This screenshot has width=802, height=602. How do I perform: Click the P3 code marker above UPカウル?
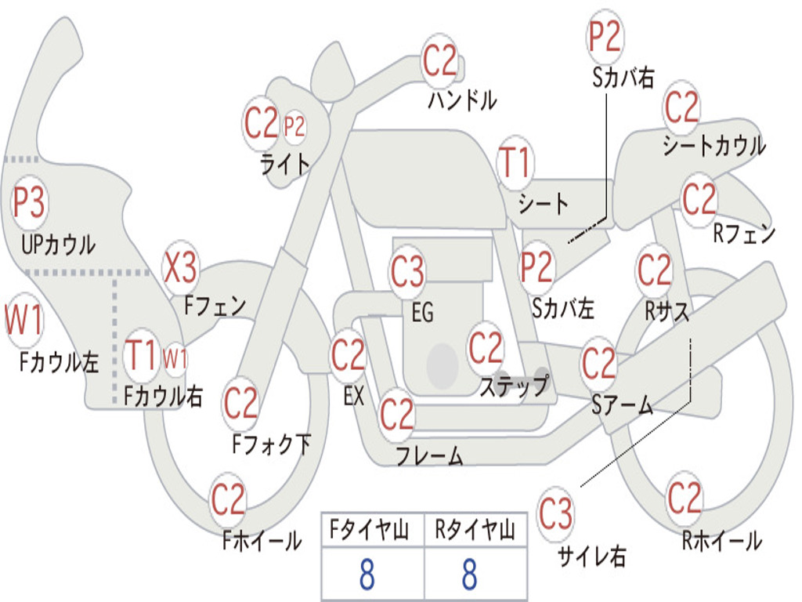pos(29,203)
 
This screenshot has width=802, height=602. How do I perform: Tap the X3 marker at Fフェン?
pos(180,268)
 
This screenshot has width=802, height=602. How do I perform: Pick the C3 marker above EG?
pos(407,271)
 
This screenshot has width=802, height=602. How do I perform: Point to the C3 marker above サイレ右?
pos(555,514)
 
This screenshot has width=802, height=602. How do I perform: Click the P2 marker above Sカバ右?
pos(605,37)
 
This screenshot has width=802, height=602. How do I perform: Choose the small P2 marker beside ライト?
pos(294,126)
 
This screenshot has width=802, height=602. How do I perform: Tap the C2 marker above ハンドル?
pos(439,60)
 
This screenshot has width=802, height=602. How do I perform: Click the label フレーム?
pos(429,455)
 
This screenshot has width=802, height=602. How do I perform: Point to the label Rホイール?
pos(721,540)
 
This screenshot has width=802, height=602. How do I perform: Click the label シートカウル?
pos(713,145)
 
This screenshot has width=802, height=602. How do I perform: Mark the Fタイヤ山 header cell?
pos(372,531)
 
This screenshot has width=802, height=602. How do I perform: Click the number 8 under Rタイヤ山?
pos(469,575)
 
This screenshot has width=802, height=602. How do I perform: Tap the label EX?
pos(353,396)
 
